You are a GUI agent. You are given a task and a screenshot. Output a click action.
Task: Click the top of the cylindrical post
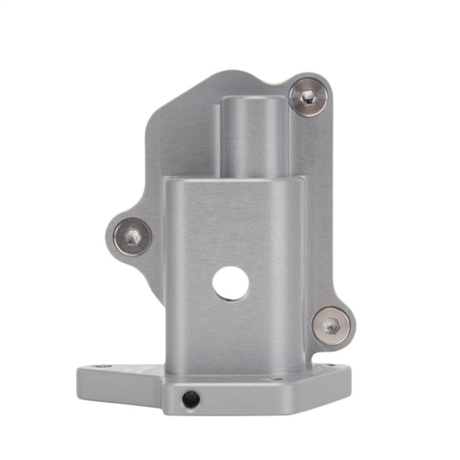tap(252, 103)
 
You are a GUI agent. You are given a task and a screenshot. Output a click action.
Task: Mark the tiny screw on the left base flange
tap(102, 366)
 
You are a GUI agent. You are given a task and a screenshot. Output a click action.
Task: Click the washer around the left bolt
tap(122, 228)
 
